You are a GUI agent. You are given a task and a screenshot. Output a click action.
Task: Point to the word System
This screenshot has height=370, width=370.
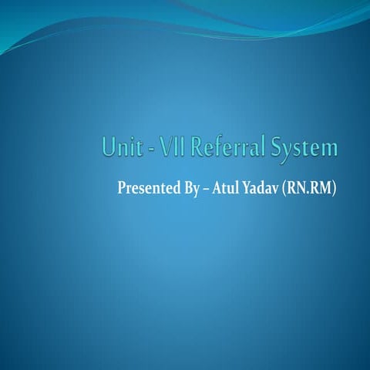(x=304, y=148)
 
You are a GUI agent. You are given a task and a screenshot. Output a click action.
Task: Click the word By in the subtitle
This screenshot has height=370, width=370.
(x=190, y=188)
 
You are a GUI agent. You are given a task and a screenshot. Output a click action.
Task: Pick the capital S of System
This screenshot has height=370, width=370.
(x=276, y=146)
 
